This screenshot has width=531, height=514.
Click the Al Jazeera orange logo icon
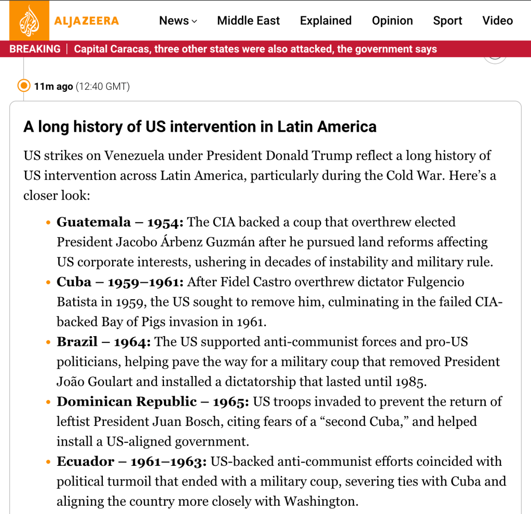(x=29, y=21)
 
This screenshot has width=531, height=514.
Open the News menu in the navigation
(x=178, y=21)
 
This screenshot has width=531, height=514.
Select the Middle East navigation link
(x=248, y=21)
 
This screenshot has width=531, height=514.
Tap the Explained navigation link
(x=325, y=21)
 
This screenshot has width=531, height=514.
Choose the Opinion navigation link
(x=392, y=21)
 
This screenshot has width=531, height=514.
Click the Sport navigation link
(x=447, y=21)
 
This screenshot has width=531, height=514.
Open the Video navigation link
(x=497, y=21)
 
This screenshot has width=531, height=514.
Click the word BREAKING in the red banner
(x=35, y=49)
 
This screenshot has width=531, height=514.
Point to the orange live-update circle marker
(x=24, y=86)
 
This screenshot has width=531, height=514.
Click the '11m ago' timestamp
(x=53, y=87)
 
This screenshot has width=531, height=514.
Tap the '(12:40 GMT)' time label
(x=103, y=87)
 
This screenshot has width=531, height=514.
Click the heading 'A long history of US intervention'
(x=200, y=127)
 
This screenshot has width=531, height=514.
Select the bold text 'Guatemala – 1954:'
(x=120, y=222)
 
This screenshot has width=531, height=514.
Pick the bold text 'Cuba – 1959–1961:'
(x=120, y=282)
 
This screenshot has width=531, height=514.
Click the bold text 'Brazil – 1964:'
(x=104, y=342)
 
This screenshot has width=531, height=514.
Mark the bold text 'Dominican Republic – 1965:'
(x=153, y=401)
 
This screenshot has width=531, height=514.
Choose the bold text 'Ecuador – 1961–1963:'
(x=132, y=461)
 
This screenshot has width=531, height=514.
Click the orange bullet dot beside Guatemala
(x=48, y=223)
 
